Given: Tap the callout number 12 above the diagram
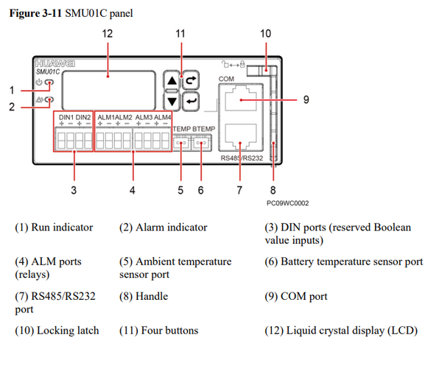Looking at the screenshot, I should [x=108, y=34].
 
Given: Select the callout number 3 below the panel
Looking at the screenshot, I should [x=73, y=189].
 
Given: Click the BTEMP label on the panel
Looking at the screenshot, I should [x=200, y=129].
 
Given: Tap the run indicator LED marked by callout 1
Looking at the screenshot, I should [x=49, y=83].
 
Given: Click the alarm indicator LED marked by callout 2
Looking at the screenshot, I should [x=49, y=99].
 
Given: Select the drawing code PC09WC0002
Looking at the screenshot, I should [x=287, y=203].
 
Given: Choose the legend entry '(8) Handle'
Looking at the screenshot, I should [x=144, y=296].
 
